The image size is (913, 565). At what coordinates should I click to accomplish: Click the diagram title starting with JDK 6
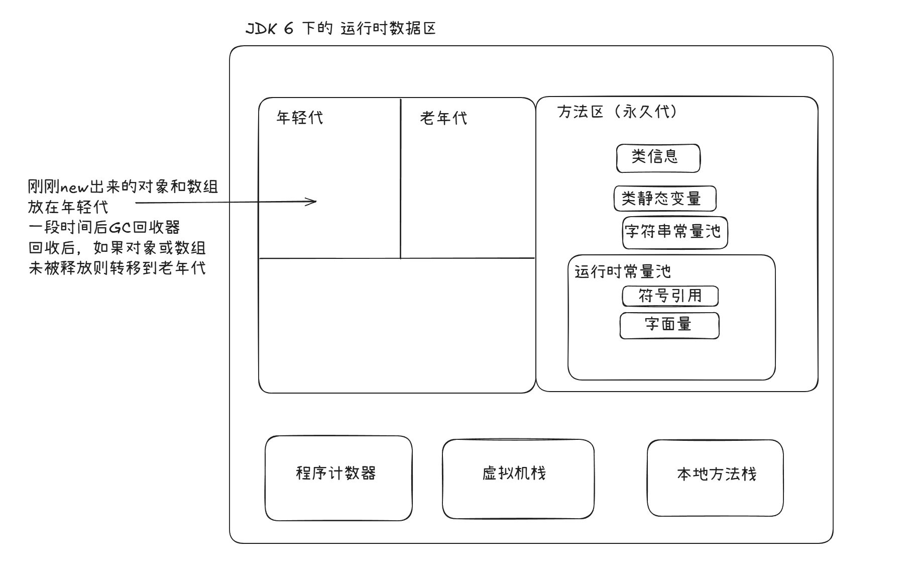(x=340, y=29)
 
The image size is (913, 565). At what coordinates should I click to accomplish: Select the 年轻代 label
(x=300, y=118)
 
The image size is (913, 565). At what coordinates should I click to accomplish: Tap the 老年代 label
(x=443, y=118)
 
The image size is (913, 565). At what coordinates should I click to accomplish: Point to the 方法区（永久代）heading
(x=617, y=112)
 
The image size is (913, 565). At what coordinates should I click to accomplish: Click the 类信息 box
(x=658, y=158)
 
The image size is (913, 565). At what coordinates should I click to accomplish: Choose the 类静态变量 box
(x=664, y=199)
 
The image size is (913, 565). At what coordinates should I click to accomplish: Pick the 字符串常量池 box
(x=674, y=232)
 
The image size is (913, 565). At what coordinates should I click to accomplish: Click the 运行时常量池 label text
(x=623, y=272)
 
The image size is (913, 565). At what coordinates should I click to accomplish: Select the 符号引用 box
(x=670, y=296)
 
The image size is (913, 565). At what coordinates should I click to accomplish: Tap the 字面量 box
(x=669, y=325)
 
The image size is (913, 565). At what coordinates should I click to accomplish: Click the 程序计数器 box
(x=338, y=478)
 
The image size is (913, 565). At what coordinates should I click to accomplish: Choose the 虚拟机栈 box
(x=518, y=478)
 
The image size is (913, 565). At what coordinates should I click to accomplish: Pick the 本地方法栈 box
(x=715, y=478)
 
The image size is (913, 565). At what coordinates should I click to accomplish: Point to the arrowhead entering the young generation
(x=313, y=202)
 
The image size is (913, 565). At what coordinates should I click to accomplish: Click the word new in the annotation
(x=74, y=188)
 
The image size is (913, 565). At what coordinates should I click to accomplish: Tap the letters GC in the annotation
(x=120, y=228)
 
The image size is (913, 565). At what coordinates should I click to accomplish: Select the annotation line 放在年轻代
(x=68, y=208)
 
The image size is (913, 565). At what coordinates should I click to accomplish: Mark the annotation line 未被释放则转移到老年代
(x=117, y=268)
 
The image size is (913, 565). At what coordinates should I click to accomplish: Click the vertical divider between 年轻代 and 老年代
(x=400, y=178)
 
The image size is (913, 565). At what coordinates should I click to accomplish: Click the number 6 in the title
(x=288, y=29)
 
